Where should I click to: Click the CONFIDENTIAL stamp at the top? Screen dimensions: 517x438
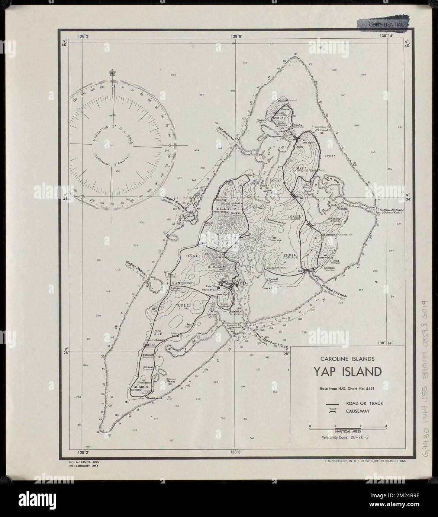(x=386, y=25)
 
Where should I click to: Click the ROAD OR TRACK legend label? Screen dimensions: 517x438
(x=364, y=403)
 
